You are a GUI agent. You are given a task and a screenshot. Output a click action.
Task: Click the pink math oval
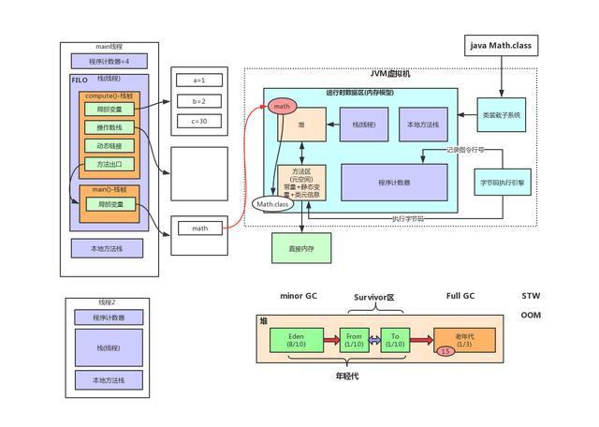pyautogui.click(x=282, y=107)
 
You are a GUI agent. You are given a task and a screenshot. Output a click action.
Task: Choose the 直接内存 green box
pyautogui.click(x=301, y=247)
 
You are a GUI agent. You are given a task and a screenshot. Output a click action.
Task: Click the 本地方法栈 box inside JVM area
pyautogui.click(x=424, y=125)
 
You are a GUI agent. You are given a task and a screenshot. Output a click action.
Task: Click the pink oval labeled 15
pyautogui.click(x=446, y=351)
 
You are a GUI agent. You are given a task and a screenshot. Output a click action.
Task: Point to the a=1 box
pyautogui.click(x=197, y=81)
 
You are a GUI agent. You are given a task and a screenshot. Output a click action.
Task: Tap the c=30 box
pyautogui.click(x=197, y=120)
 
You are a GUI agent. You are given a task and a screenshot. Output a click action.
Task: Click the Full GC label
pyautogui.click(x=460, y=296)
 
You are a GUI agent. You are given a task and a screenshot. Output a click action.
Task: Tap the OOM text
pyautogui.click(x=531, y=316)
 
